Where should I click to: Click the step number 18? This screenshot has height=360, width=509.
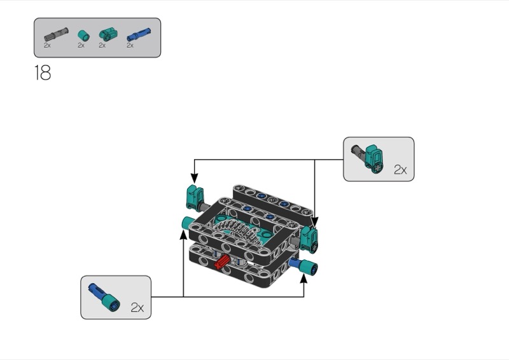pos(42,73)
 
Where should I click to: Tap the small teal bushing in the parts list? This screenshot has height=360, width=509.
pos(83,34)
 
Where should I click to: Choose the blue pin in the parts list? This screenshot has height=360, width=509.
pos(135,34)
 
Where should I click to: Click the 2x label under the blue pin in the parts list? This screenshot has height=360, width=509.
pos(130,45)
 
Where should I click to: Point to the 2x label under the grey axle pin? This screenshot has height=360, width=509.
pos(48,45)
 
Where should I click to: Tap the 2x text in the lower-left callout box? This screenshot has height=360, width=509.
pos(137,307)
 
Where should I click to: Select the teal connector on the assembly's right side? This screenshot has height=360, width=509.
pos(311,238)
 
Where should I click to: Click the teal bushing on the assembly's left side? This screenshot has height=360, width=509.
pos(188,223)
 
